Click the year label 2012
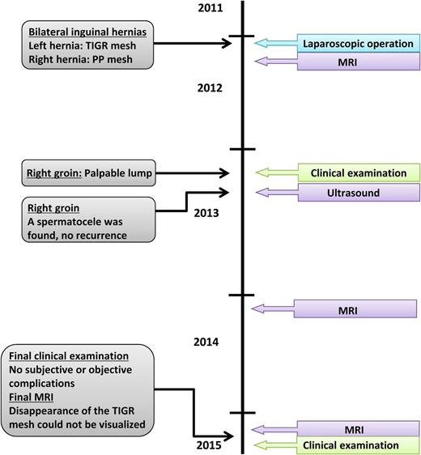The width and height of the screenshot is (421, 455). (x=210, y=89)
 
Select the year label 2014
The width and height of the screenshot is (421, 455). (x=206, y=342)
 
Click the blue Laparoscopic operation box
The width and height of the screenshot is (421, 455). (x=355, y=44)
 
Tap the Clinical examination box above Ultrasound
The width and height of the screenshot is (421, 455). (x=359, y=172)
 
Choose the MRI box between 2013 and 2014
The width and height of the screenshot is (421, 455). (x=355, y=309)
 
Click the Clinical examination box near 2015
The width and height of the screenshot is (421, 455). (x=350, y=445)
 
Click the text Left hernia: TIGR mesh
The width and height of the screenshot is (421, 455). (x=79, y=45)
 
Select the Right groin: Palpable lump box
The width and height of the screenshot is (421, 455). (x=87, y=172)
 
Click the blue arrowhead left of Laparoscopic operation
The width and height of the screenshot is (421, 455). (x=261, y=44)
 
